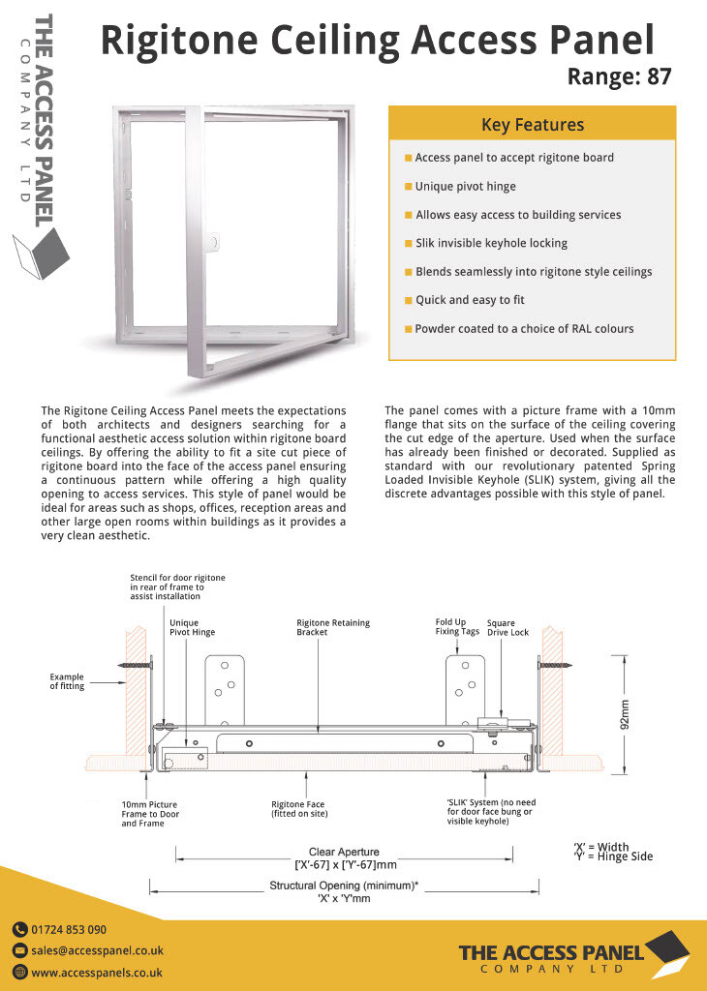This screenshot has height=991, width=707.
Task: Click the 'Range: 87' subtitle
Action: (619, 76)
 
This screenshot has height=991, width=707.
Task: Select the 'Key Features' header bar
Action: (532, 125)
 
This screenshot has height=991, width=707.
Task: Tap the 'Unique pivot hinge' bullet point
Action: (465, 186)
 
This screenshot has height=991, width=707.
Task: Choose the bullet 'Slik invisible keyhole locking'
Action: (491, 243)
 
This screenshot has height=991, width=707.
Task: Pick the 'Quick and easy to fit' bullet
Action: (470, 300)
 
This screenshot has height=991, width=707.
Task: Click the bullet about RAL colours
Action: (524, 329)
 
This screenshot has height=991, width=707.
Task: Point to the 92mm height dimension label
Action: (624, 715)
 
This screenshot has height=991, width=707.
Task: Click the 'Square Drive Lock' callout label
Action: (507, 628)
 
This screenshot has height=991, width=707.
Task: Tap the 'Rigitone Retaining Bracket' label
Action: (333, 628)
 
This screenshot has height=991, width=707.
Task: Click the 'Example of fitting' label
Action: (67, 681)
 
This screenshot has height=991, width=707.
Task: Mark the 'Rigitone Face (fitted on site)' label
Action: (297, 809)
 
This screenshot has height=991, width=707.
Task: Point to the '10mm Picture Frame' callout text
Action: (150, 814)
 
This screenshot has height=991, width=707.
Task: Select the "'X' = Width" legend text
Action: (600, 847)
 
